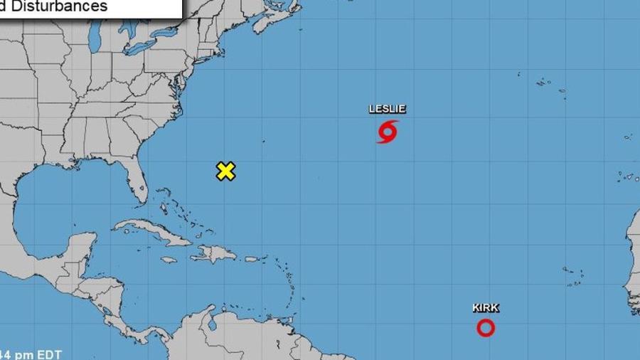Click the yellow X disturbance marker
225,171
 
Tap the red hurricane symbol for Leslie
387,132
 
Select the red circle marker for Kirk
486,327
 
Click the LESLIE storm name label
387,109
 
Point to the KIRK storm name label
486,308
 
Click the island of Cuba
152,231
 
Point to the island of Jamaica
169,260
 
